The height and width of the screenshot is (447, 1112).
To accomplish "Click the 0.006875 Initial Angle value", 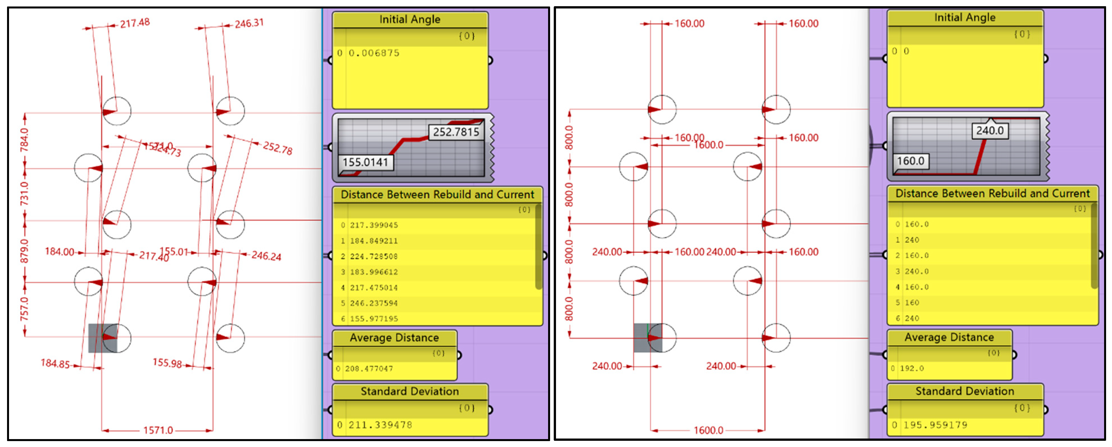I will [374, 53].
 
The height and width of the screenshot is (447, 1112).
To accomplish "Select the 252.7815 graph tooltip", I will [456, 132].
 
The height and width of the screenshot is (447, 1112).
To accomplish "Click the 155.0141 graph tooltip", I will [365, 162].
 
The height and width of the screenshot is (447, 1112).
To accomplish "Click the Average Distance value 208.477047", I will [369, 368].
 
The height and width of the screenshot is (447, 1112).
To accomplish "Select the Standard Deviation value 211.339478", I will [380, 425].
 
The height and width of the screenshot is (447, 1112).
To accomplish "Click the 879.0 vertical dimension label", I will [24, 251].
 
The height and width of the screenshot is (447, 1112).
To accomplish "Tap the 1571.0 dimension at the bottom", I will [158, 430].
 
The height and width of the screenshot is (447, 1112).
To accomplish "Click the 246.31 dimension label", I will [249, 23].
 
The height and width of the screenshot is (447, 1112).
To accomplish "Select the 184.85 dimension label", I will [55, 363].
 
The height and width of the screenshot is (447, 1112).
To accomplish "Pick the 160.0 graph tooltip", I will [910, 161].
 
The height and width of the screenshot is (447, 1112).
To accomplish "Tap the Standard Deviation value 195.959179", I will [935, 425].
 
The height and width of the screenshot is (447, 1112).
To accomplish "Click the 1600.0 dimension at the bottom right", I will [708, 430].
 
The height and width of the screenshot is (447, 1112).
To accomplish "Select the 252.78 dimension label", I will [277, 148].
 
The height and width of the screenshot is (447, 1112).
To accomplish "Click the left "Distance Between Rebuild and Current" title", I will [437, 194].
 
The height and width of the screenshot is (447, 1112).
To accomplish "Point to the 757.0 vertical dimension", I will [24, 309].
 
